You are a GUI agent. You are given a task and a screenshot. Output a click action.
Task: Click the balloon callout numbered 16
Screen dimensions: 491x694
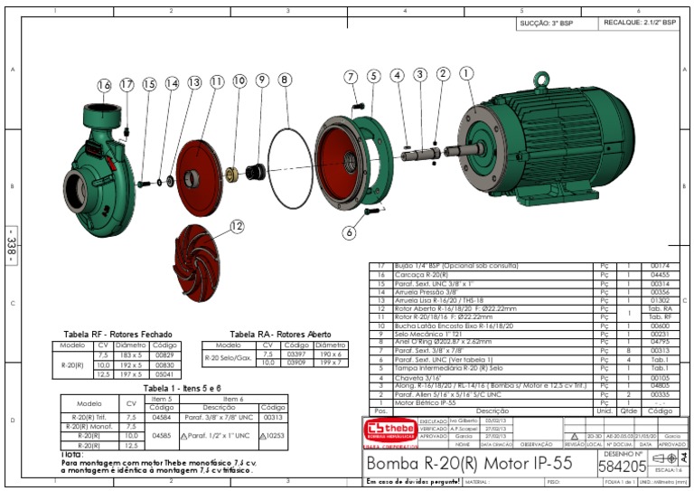point(105,85)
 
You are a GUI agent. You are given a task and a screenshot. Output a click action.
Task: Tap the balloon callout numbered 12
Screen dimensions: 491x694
point(237,226)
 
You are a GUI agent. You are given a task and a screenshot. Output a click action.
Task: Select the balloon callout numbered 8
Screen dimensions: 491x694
point(285,80)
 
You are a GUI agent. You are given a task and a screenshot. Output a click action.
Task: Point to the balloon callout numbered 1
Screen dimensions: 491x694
point(466,74)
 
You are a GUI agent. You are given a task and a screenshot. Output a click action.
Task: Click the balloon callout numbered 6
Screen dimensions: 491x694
point(349,231)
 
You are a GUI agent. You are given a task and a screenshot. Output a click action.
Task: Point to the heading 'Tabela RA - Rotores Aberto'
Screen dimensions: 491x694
point(267,335)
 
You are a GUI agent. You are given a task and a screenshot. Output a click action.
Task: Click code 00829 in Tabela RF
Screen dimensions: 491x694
point(164,354)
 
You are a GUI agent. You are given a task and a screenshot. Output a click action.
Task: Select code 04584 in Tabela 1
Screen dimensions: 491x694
point(162,417)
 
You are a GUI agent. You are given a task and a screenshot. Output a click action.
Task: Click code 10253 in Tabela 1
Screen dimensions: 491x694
point(272,436)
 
